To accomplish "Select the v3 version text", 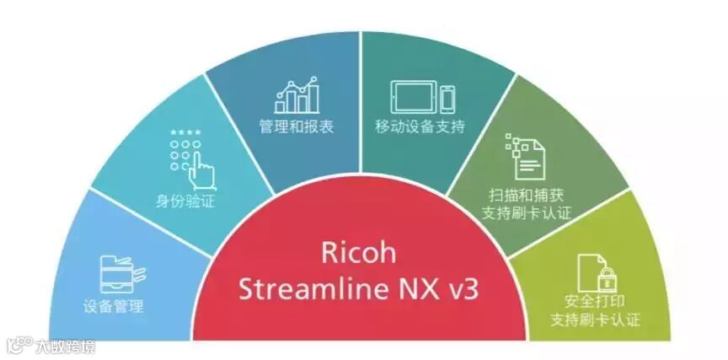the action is click(460, 289).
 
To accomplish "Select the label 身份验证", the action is click(184, 200).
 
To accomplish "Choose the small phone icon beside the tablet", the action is click(447, 96).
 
